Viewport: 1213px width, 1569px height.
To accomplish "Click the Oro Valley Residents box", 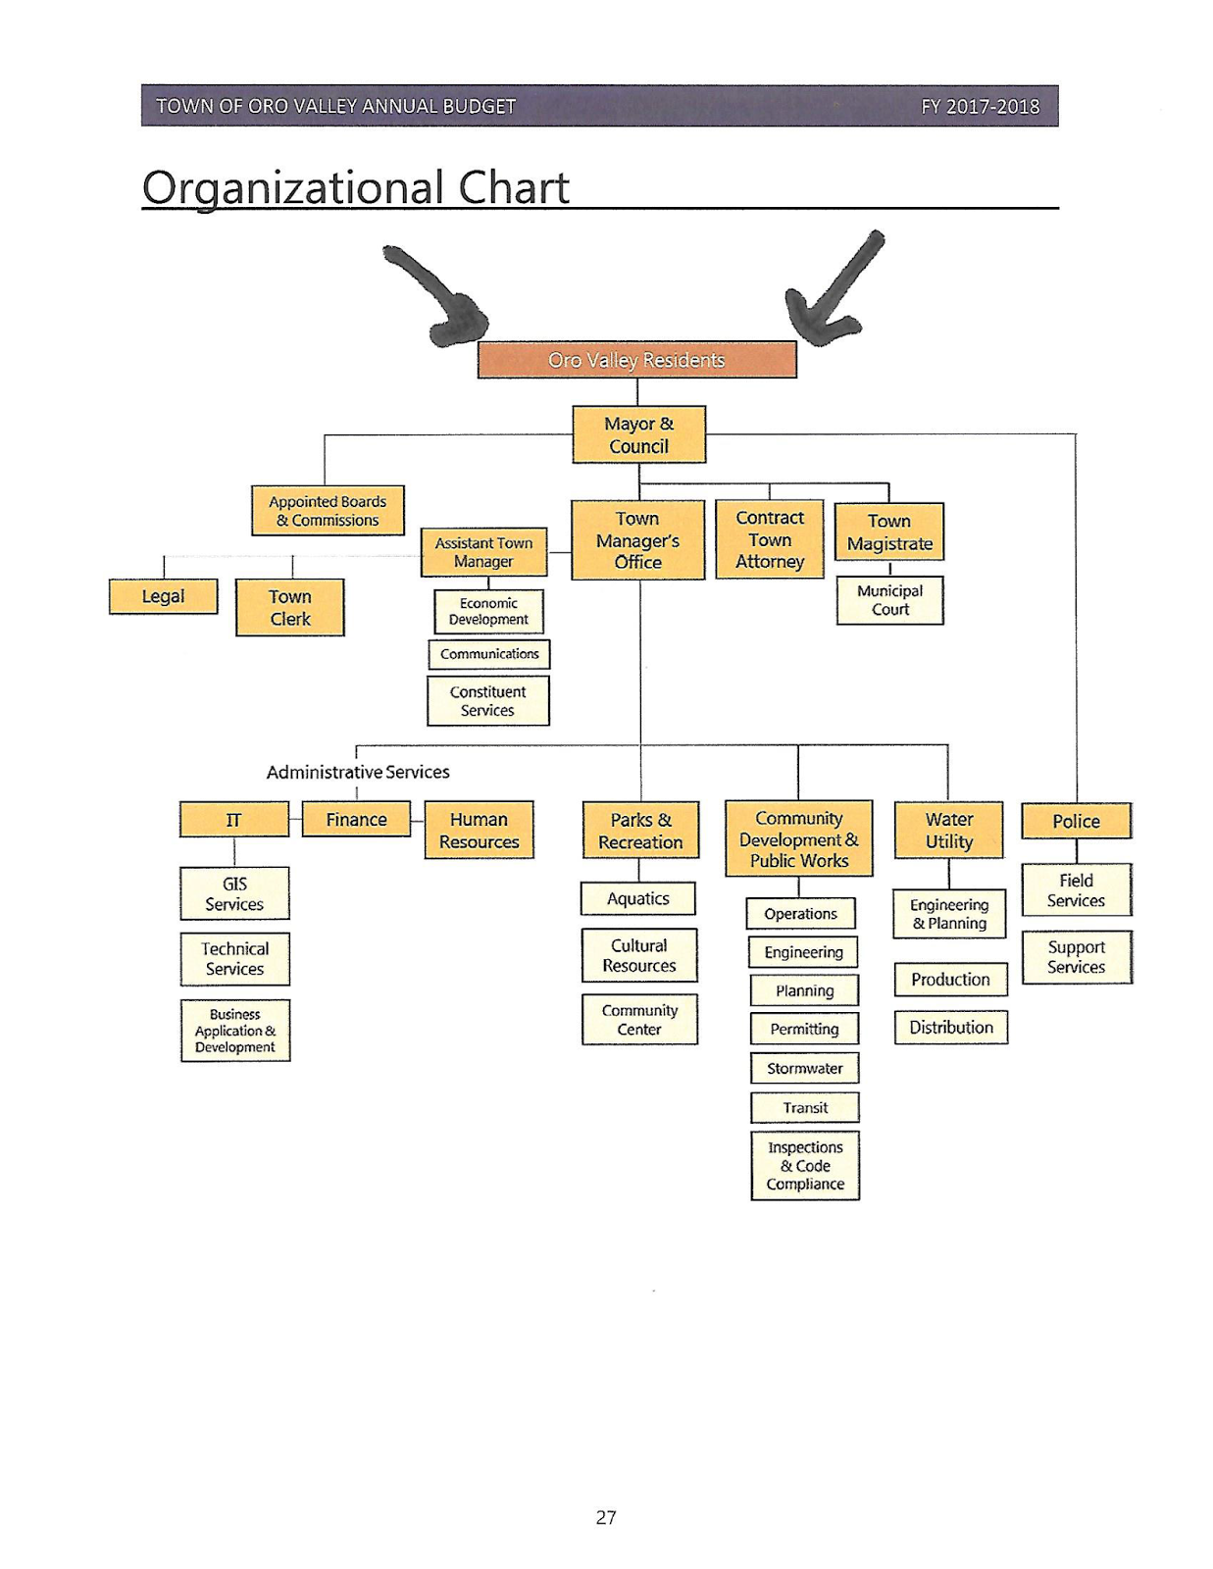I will pyautogui.click(x=636, y=360).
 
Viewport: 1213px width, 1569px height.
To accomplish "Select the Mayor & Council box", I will pyautogui.click(x=638, y=434).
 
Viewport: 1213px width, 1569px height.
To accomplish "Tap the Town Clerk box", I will pyautogui.click(x=290, y=607).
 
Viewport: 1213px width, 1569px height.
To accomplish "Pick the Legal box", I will pyautogui.click(x=163, y=596).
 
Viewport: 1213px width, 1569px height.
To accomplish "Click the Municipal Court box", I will pyautogui.click(x=889, y=600).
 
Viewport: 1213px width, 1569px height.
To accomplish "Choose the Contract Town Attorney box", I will pyautogui.click(x=770, y=539).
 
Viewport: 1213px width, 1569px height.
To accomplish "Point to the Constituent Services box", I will pyautogui.click(x=487, y=700).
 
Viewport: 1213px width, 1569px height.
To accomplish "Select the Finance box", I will pyautogui.click(x=356, y=819).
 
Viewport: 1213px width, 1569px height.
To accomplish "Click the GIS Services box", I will pyautogui.click(x=234, y=893).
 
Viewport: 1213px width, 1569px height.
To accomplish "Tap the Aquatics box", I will pyautogui.click(x=637, y=898).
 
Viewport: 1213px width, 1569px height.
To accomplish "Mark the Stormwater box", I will pyautogui.click(x=804, y=1068).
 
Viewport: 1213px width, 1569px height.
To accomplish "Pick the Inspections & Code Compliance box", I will pyautogui.click(x=804, y=1165).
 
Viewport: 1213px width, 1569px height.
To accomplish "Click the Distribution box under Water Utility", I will pyautogui.click(x=950, y=1028).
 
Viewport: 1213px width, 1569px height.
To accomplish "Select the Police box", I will pyautogui.click(x=1076, y=821).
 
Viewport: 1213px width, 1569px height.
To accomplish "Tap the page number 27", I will pyautogui.click(x=606, y=1517).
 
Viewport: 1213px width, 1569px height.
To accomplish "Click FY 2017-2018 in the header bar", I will pyautogui.click(x=980, y=106).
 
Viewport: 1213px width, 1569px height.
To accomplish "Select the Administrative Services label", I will pyautogui.click(x=358, y=772).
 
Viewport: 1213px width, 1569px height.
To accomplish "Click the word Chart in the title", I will pyautogui.click(x=514, y=187).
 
